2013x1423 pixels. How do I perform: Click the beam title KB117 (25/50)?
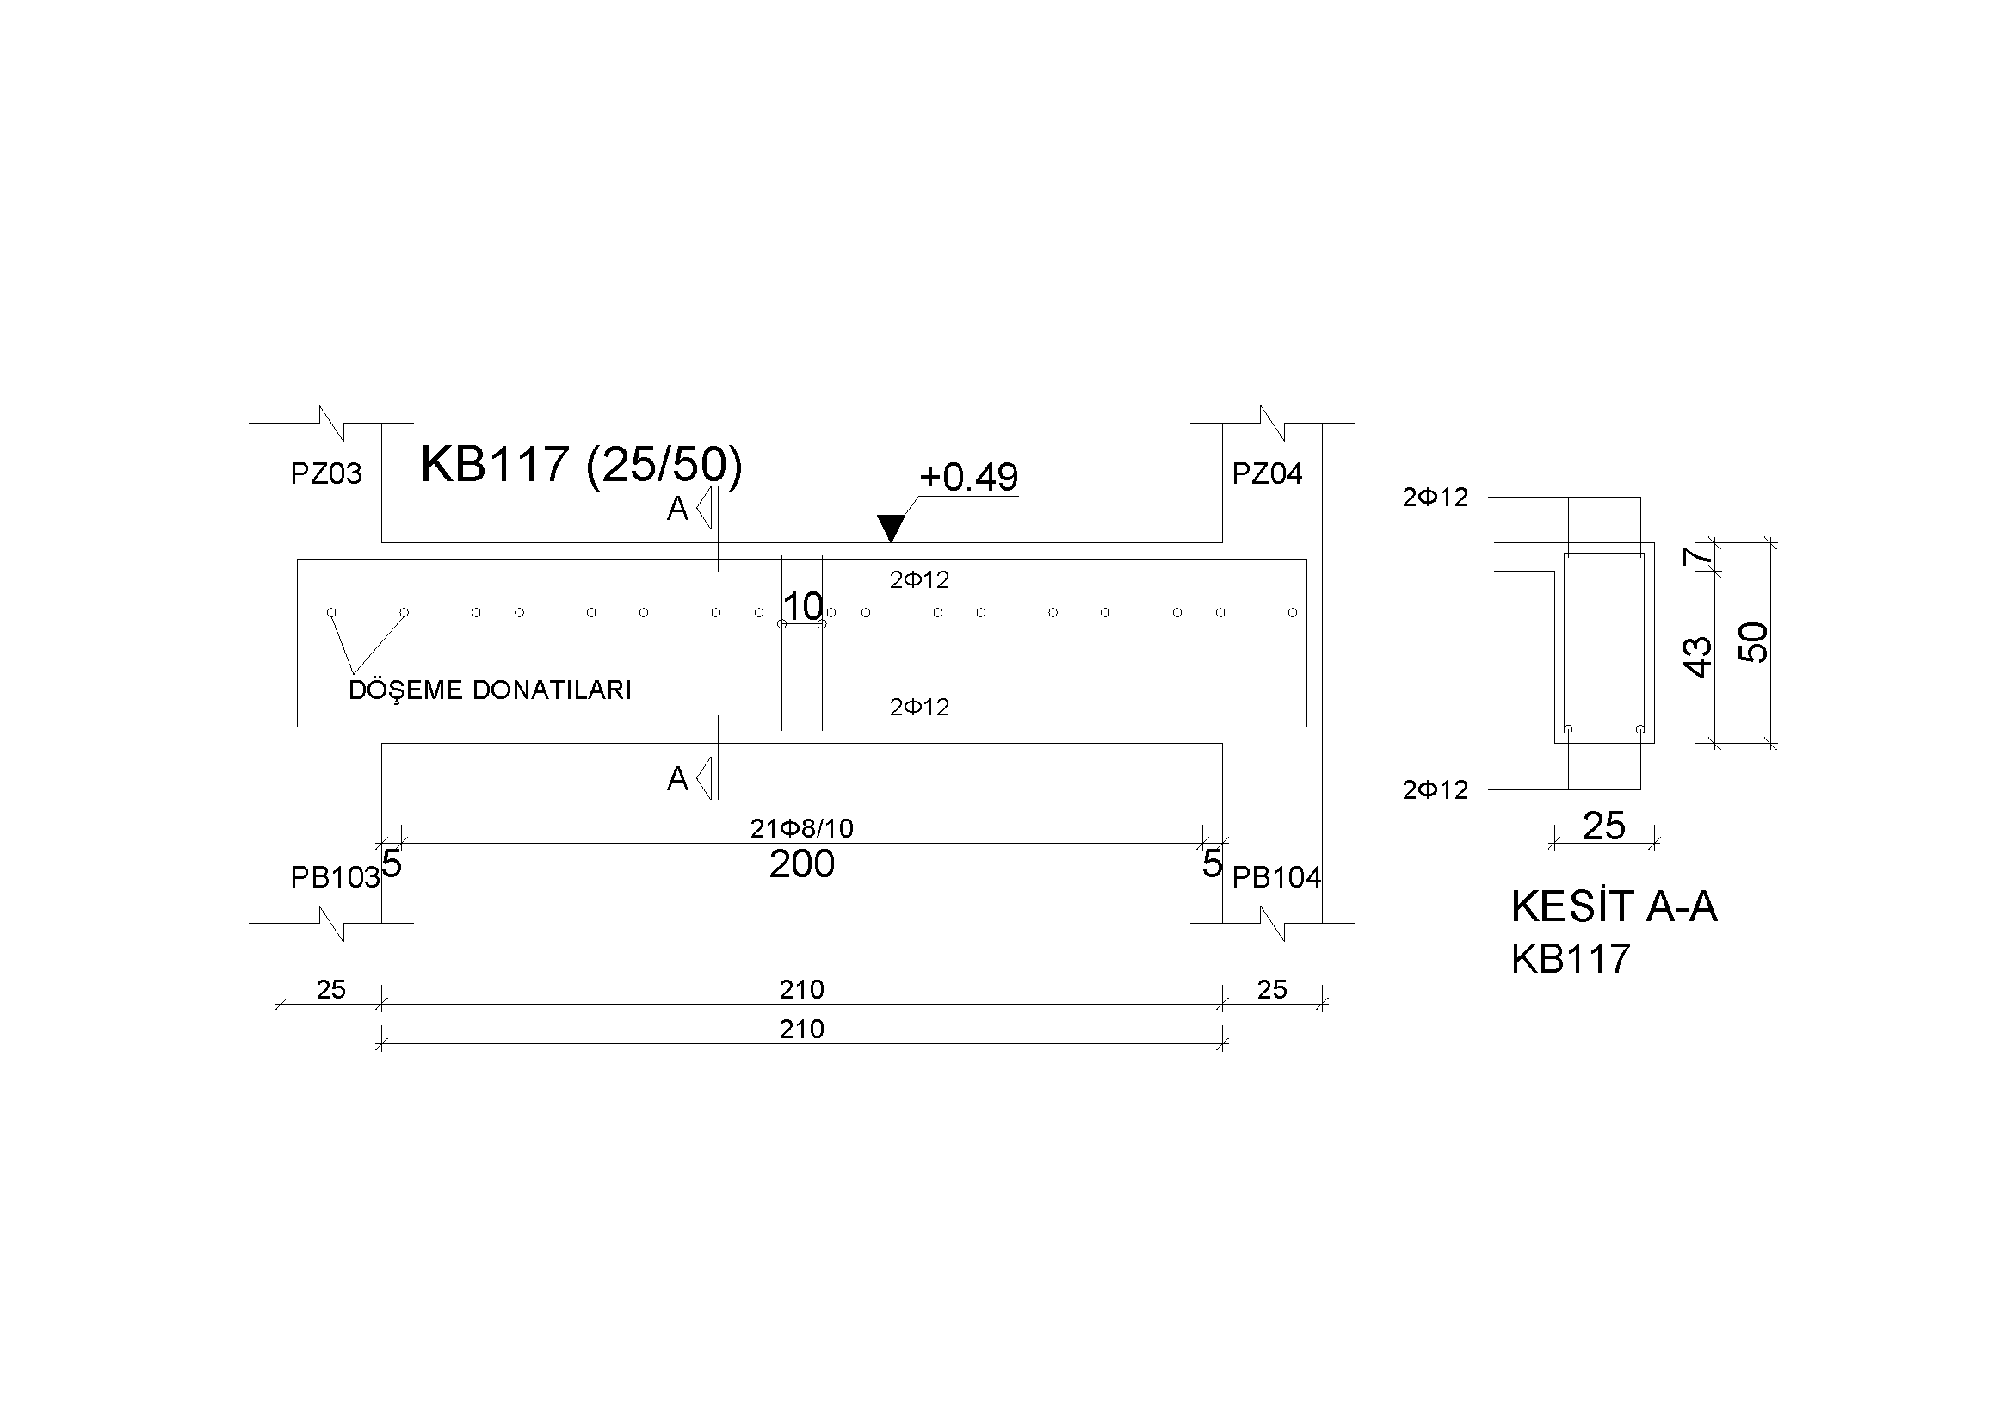[x=580, y=465]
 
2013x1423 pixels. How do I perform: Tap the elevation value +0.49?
[x=968, y=478]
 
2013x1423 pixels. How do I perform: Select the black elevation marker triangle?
[x=891, y=528]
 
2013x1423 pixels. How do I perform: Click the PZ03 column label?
[x=326, y=474]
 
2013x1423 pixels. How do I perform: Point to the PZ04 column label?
[x=1267, y=474]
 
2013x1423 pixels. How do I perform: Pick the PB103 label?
[x=335, y=878]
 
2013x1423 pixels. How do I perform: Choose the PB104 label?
[x=1276, y=878]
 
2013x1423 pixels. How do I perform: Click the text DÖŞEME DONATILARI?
[x=490, y=690]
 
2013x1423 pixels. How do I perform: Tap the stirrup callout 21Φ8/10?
[x=801, y=828]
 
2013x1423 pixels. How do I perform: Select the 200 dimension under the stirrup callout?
[x=801, y=865]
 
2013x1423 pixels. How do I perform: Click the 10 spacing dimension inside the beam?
[x=802, y=606]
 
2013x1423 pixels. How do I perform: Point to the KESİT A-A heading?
[x=1614, y=906]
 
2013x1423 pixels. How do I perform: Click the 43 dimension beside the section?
[x=1698, y=658]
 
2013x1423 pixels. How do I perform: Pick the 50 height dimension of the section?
[x=1753, y=642]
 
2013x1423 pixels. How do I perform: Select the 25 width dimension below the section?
[x=1603, y=826]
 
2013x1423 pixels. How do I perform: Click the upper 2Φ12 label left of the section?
[x=1436, y=498]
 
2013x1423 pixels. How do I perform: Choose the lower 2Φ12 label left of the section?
[x=1436, y=791]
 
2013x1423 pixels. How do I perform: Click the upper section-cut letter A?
[x=677, y=510]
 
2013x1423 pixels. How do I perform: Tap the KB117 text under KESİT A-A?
[x=1571, y=959]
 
